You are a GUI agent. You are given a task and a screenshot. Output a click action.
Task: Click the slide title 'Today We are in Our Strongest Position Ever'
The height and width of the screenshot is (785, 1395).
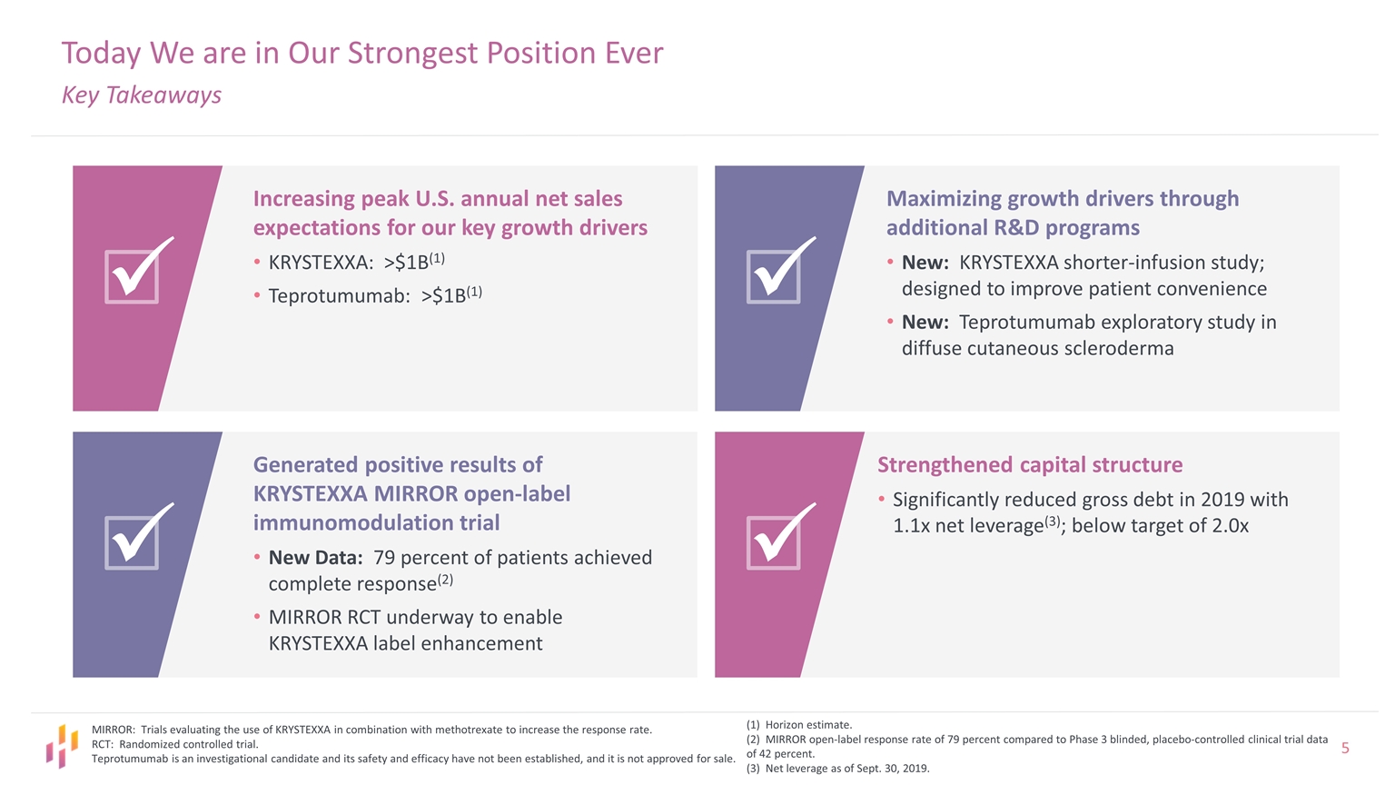[361, 53]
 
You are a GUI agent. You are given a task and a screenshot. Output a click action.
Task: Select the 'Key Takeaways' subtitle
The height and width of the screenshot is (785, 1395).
[141, 95]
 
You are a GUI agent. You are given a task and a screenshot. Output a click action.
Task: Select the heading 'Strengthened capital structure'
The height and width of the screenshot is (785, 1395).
[1029, 465]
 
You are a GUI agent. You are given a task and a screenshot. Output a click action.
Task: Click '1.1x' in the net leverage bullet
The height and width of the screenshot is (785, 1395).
[912, 526]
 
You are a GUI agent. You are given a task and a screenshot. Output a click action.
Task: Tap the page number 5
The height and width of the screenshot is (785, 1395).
[1345, 749]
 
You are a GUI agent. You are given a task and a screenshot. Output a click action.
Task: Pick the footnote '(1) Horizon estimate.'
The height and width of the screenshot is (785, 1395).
[798, 725]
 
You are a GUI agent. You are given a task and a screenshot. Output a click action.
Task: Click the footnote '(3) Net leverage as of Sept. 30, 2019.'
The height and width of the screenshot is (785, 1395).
[837, 769]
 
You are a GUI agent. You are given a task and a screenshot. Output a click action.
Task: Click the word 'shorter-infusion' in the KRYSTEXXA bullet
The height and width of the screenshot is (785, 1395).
[1141, 263]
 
